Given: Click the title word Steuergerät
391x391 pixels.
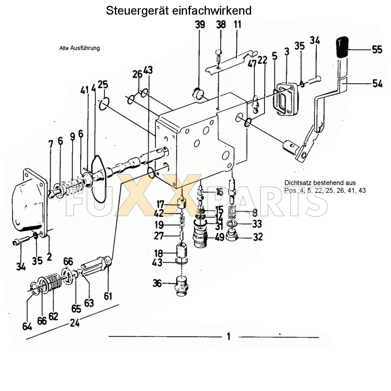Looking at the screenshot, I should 138,11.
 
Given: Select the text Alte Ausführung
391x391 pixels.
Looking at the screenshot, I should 79,48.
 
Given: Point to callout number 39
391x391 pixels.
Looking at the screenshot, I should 200,24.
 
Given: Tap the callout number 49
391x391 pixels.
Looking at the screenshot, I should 220,237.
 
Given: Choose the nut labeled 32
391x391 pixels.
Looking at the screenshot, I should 234,236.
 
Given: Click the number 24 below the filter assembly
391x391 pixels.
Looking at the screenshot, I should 75,323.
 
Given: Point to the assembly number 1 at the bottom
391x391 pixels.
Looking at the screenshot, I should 229,337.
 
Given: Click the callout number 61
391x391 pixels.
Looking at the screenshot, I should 108,296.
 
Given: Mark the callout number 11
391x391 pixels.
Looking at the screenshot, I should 238,24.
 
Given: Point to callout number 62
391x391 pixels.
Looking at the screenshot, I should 53,316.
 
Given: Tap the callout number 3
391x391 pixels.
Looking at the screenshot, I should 287,52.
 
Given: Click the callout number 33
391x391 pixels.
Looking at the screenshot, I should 257,224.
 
